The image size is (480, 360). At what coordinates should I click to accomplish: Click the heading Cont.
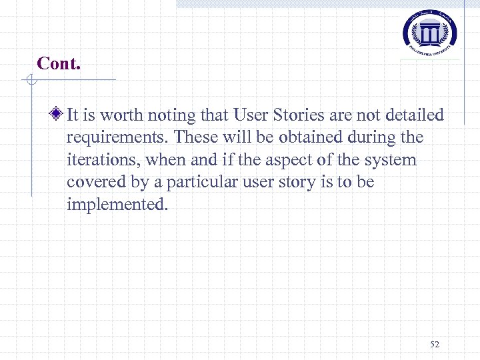pos(58,63)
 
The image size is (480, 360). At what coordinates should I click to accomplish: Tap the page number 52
pos(435,344)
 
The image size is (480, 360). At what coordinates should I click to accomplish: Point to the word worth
pos(119,115)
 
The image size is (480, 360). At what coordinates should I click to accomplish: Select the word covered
pos(93,182)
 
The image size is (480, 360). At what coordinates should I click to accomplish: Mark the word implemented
pos(117,204)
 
